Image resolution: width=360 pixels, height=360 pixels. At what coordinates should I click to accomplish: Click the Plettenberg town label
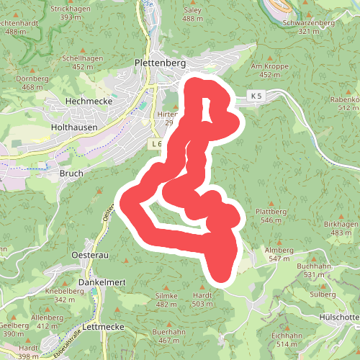click(161, 63)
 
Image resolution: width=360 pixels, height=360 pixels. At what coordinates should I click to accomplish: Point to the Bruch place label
click(72, 174)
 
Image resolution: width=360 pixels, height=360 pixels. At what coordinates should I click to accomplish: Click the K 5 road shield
click(257, 95)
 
